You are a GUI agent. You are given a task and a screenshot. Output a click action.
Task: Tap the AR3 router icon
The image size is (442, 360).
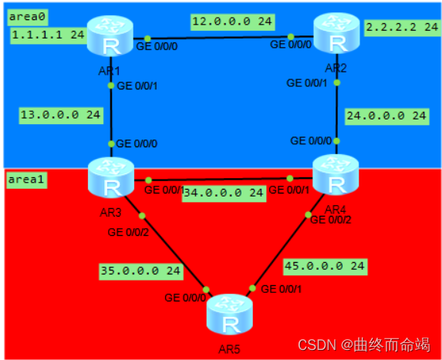[x=111, y=179]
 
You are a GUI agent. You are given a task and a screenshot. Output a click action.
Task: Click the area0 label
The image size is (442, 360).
[x=25, y=14]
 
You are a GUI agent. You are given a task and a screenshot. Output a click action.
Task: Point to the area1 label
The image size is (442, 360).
[x=25, y=179]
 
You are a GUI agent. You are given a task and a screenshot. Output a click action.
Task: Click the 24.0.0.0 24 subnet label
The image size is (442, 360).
[x=386, y=116]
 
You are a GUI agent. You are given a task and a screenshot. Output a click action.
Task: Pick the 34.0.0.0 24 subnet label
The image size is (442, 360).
[x=224, y=193]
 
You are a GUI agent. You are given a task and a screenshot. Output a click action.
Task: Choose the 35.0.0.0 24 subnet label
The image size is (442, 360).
[x=140, y=271]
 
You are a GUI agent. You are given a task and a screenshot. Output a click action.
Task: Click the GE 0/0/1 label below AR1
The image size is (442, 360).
[x=137, y=86]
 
